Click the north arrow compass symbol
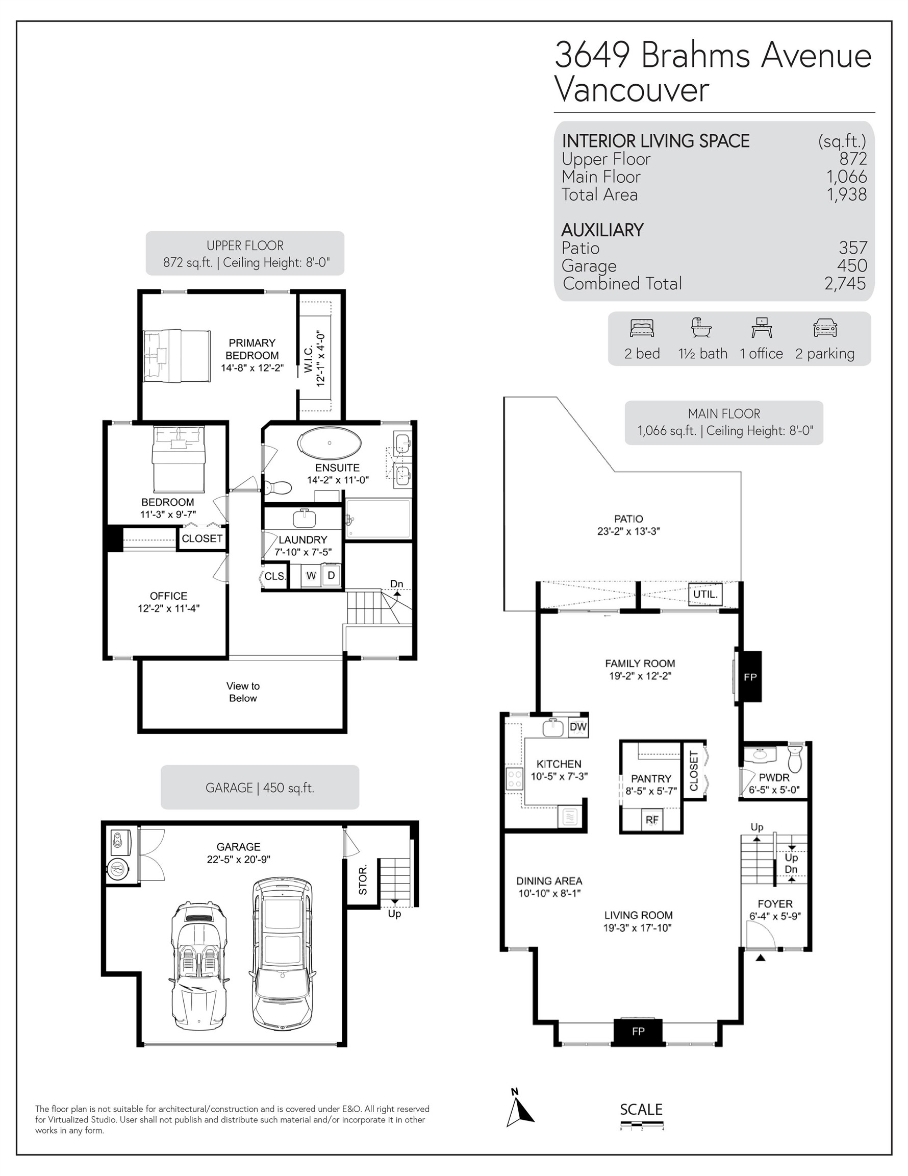point(519,1110)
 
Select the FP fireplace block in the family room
point(750,677)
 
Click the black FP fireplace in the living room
point(638,1031)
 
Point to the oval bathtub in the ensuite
point(330,443)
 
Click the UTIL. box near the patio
point(705,594)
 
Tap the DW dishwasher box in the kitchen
point(578,727)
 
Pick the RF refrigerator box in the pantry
point(652,820)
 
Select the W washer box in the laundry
point(311,575)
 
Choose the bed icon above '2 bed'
point(642,328)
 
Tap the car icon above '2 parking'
point(824,328)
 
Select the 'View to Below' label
point(243,692)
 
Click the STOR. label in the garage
point(363,880)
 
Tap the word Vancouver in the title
point(632,90)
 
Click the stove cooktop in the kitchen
point(514,778)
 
